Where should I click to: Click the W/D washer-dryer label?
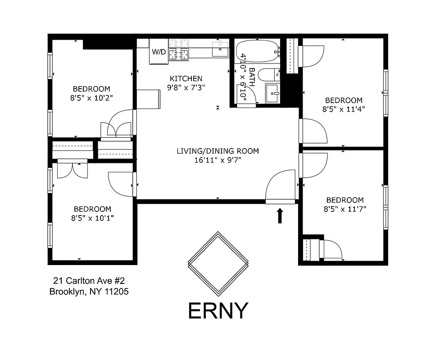point(159,52)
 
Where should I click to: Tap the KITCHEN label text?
point(186,79)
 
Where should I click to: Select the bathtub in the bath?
point(257,51)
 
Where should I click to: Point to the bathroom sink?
point(273,93)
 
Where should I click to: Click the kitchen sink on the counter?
point(220,49)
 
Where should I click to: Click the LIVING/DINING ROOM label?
point(217,151)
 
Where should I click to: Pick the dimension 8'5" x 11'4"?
point(343,108)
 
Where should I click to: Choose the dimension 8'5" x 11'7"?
point(344,209)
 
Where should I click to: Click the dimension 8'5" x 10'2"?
point(91,97)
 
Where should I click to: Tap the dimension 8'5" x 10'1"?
point(92,218)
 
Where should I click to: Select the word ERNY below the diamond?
point(218,310)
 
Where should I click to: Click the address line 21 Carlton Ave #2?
point(86,280)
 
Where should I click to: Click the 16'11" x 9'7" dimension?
point(217,160)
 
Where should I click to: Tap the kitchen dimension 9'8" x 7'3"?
point(186,87)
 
